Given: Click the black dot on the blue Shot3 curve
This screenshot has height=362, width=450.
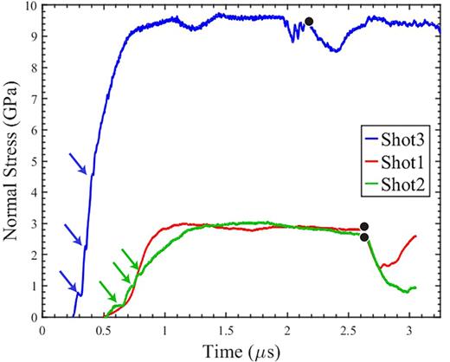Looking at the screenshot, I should click(x=309, y=22).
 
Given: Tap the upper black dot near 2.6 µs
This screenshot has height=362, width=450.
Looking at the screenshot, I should click(x=364, y=226).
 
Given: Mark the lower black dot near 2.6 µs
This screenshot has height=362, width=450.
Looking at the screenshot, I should click(x=364, y=237).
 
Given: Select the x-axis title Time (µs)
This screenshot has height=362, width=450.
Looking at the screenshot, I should click(x=239, y=351).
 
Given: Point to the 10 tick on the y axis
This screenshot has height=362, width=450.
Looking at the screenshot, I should click(x=30, y=7).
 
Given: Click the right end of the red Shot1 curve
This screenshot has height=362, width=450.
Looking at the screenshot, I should click(x=417, y=236).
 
